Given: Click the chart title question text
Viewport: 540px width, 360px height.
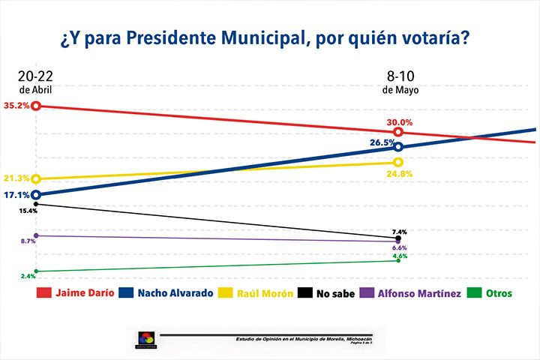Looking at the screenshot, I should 270,37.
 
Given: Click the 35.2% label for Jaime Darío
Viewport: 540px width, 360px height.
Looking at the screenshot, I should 16,106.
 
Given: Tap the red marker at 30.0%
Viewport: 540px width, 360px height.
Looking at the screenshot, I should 398,132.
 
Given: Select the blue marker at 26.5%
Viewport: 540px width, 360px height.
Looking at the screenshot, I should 398,147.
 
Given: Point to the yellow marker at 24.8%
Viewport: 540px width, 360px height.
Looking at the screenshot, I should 398,162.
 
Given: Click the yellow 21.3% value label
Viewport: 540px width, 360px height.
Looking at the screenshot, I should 16,178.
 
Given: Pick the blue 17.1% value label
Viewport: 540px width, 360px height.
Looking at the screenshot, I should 16,195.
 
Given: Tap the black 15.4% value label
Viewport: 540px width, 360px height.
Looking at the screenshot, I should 27,211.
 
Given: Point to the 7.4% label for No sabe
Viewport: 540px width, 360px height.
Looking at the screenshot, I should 399,231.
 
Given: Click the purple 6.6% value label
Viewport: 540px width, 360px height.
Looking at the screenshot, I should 399,247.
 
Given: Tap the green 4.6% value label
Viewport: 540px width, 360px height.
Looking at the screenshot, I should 399,256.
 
